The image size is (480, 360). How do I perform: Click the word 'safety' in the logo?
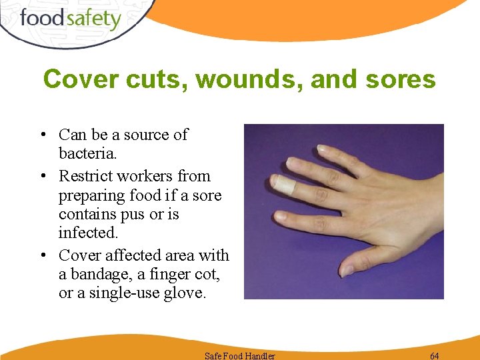coord(91,19)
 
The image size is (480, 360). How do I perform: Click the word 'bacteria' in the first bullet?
coord(86,154)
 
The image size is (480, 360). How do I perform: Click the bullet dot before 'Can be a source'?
coord(42,135)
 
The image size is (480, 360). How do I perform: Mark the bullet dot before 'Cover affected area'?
coord(42,256)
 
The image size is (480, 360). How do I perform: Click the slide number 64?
coord(435,355)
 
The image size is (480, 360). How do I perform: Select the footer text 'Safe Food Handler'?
coord(240,355)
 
